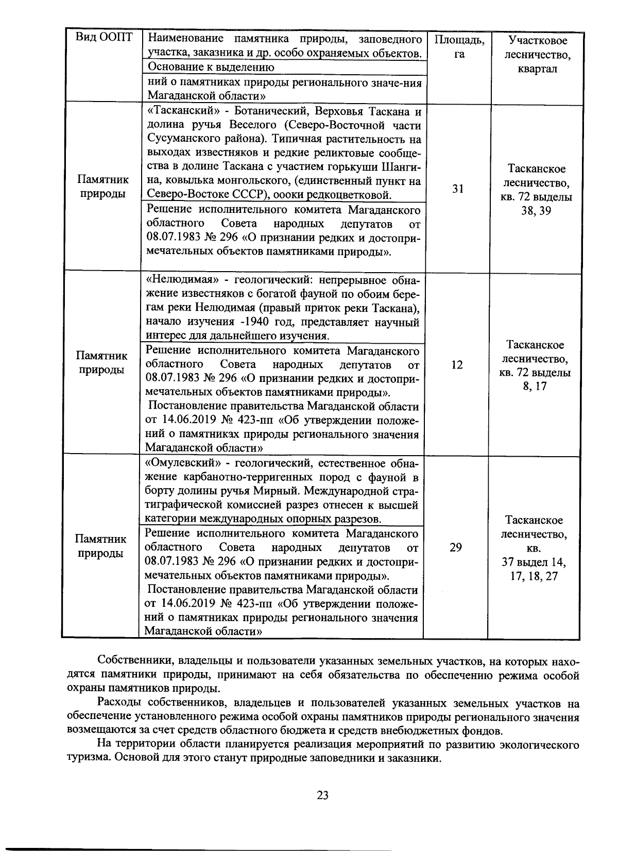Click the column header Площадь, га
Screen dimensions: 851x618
pyautogui.click(x=459, y=47)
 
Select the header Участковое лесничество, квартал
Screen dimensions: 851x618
pyautogui.click(x=537, y=54)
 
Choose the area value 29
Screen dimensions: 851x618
pyautogui.click(x=455, y=547)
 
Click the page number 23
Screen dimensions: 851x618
pyautogui.click(x=323, y=795)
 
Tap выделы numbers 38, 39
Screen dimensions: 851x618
pyautogui.click(x=536, y=211)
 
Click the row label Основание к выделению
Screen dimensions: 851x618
pyautogui.click(x=211, y=67)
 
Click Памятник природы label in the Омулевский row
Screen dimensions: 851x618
pyautogui.click(x=101, y=547)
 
